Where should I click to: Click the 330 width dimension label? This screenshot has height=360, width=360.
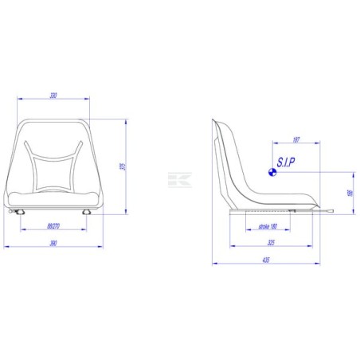pos(53,96)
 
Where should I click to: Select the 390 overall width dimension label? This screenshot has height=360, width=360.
pos(53,241)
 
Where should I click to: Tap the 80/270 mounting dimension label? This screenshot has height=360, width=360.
pos(54,226)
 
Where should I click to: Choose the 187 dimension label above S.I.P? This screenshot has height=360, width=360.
pos(295,139)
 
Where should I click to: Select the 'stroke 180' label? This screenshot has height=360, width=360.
pos(268,226)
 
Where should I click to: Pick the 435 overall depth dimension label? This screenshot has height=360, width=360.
pos(265,260)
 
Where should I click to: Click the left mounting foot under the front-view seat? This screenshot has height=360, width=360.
pos(18,212)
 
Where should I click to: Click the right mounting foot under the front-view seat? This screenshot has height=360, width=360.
pos(88,212)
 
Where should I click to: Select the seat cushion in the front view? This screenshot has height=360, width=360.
pos(53,198)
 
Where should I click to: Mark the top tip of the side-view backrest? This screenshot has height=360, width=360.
pos(215,120)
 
